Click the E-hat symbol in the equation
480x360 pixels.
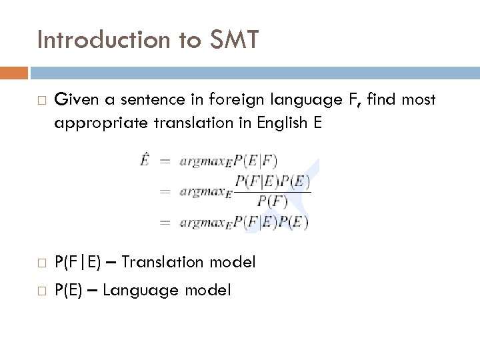[145, 160]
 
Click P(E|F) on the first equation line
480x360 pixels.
[256, 161]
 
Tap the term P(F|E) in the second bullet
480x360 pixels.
[77, 262]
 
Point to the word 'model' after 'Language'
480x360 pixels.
[207, 290]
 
